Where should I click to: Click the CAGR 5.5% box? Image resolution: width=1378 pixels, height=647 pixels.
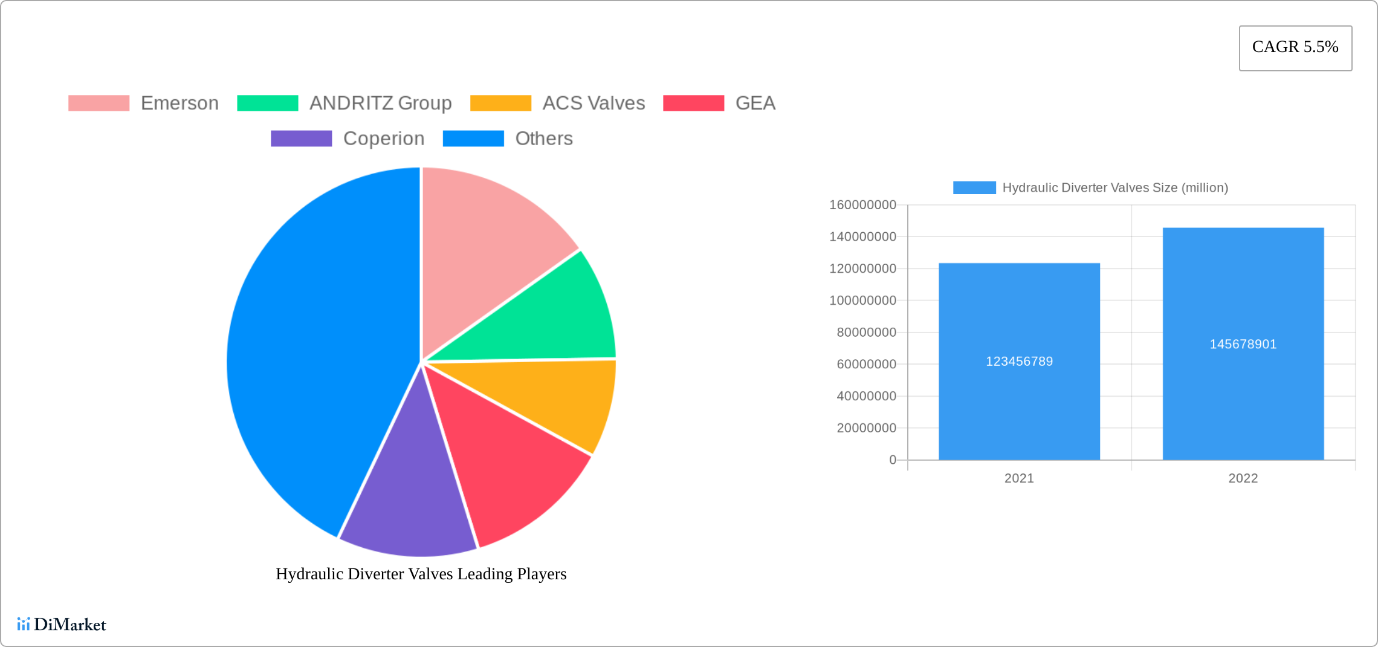1295,48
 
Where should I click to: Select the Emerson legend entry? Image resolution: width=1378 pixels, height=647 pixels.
143,103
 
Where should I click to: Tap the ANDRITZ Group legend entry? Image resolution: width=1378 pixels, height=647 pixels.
344,103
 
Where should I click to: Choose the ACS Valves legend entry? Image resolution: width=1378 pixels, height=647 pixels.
557,103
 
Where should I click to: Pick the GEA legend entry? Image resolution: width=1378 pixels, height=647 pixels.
719,103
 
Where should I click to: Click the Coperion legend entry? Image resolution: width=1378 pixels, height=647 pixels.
348,138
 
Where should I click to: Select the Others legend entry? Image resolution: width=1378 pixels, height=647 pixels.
508,138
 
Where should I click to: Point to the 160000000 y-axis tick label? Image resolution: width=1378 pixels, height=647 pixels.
862,205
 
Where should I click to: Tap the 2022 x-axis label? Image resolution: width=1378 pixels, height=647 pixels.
1243,478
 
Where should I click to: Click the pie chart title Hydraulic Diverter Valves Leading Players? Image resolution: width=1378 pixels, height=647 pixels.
421,574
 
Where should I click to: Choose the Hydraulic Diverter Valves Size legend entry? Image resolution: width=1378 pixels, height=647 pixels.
1090,188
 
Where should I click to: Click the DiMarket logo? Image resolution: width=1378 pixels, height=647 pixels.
62,625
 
